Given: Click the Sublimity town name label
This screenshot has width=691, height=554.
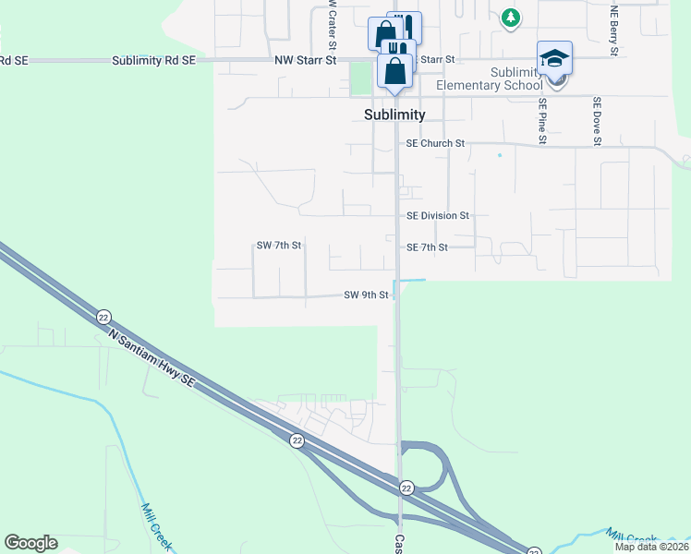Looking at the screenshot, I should click(394, 114).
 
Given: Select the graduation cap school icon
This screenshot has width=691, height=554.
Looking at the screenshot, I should click(554, 58).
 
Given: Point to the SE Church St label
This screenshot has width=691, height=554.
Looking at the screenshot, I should click(435, 144).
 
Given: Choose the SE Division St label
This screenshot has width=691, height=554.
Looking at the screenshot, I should click(438, 215).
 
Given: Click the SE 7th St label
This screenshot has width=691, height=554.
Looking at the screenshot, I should click(427, 247).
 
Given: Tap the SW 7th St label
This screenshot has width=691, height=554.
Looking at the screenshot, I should click(279, 246).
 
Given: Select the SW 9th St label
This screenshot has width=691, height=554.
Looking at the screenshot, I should click(366, 295).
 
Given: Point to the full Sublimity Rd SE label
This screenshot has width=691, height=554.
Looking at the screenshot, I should click(153, 60).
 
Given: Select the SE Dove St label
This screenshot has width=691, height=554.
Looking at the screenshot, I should click(598, 121).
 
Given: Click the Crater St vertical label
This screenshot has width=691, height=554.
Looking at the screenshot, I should click(331, 25).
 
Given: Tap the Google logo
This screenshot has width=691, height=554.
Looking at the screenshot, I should click(30, 543).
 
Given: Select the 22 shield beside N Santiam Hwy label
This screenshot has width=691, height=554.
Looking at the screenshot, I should click(103, 316).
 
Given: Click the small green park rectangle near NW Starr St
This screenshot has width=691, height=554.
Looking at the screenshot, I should click(359, 79).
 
